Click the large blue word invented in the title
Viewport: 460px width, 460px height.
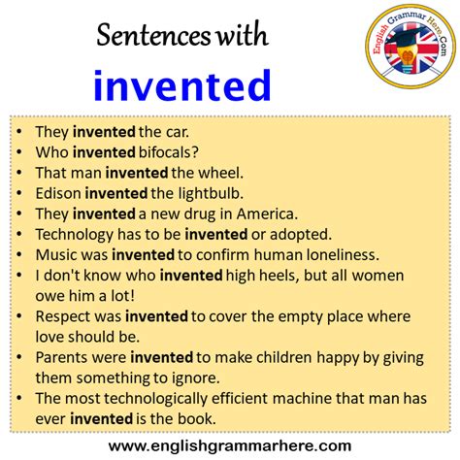coord(182,85)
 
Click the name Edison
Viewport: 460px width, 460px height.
coord(56,192)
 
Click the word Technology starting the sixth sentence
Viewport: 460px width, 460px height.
coord(74,234)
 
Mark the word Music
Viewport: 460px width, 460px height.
coord(53,254)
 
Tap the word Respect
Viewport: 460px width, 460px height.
coord(63,315)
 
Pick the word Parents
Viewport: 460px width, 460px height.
coord(63,357)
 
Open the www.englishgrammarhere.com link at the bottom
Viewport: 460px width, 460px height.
coord(230,444)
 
